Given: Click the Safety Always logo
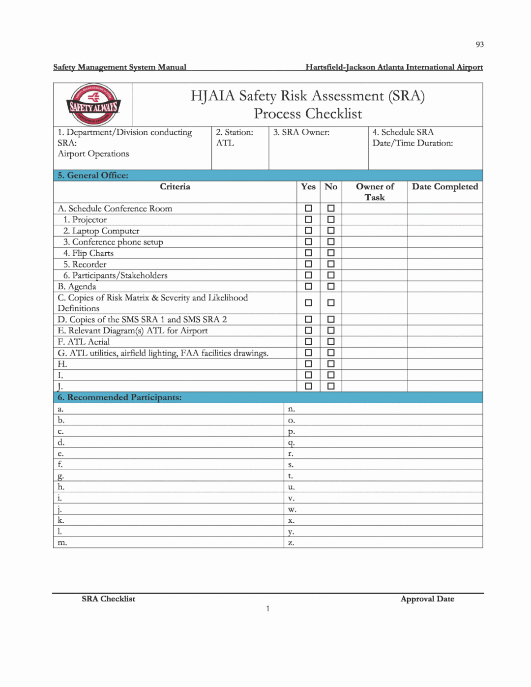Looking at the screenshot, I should tap(93, 104).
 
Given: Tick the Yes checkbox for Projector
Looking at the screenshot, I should tap(308, 219).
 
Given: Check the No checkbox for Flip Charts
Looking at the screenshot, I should tap(331, 253).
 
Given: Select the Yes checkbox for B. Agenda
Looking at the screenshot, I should tap(308, 286).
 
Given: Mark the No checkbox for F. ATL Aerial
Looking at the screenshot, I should tap(331, 341).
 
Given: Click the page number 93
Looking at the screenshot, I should tap(479, 45).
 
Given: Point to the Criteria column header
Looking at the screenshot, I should tap(175, 187).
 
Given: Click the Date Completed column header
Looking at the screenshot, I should tap(444, 187).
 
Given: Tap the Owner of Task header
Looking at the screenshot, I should tap(375, 192).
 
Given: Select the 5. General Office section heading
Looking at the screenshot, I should tap(93, 176).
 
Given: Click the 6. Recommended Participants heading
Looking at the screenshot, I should tap(119, 397).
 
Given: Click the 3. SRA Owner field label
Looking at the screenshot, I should tap(301, 132).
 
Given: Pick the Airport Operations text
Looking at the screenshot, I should tap(93, 154).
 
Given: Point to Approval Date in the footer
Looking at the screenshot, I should tap(427, 599).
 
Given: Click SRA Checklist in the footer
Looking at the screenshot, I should tap(108, 599).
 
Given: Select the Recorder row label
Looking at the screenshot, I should tap(89, 265).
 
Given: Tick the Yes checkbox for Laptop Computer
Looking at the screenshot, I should tap(308, 231).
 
